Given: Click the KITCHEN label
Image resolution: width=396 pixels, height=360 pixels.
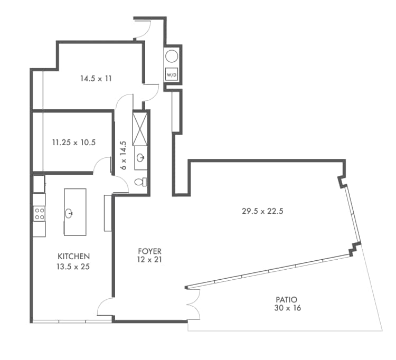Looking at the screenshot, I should tap(73, 256).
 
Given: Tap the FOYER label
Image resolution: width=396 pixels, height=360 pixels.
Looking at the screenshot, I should tap(150, 251).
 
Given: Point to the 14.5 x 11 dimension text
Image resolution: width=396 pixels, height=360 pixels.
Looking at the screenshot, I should tap(96, 79).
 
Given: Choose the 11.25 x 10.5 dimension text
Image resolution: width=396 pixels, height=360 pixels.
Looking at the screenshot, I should tap(73, 142).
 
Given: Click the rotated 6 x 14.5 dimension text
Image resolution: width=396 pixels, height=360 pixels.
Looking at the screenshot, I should tap(123, 155).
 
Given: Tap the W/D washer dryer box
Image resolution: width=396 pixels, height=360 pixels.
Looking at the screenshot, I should tap(172, 75).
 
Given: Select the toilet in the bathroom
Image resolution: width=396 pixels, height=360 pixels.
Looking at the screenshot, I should tap(140, 182).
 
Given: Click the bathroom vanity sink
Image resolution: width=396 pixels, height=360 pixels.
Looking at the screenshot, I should tap(141, 157).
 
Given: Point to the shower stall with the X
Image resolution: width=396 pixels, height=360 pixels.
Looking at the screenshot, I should tap(140, 127).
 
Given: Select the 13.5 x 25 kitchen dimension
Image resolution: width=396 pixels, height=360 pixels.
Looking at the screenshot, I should tap(73, 267).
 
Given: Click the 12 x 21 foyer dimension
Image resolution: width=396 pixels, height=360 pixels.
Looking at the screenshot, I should tap(150, 260).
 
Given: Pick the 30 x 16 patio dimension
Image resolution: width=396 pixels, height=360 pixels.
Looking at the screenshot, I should tap(287, 308).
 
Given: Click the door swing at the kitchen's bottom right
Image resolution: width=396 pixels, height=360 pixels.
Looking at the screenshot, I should tap(104, 308).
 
